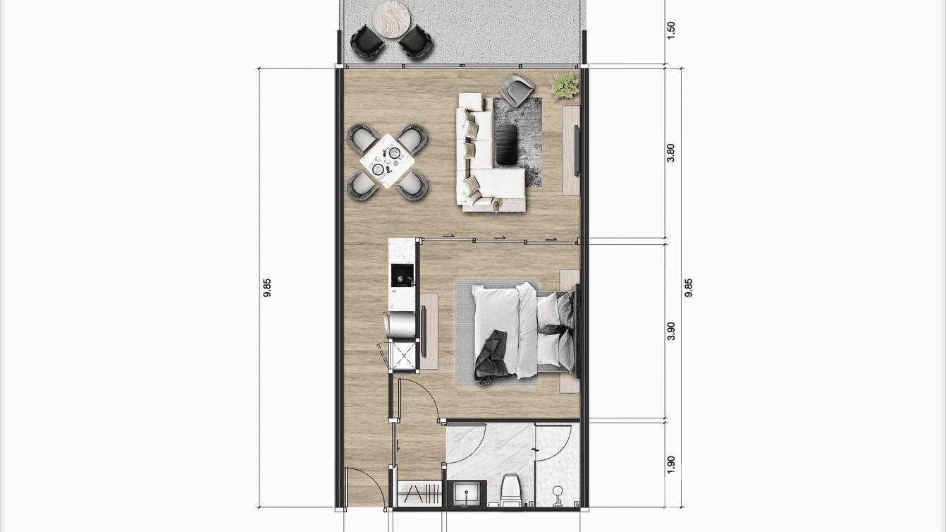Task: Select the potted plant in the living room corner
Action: click(x=565, y=85)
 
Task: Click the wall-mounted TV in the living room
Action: click(x=577, y=150)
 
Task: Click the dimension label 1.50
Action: click(x=671, y=30)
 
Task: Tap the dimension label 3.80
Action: click(x=671, y=153)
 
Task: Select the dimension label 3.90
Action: click(x=671, y=331)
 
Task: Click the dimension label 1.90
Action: click(x=671, y=464)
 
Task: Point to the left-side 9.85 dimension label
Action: click(x=267, y=288)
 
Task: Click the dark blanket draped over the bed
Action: click(x=491, y=358)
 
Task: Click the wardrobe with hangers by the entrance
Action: click(x=419, y=492)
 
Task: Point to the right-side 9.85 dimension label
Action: click(x=689, y=288)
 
